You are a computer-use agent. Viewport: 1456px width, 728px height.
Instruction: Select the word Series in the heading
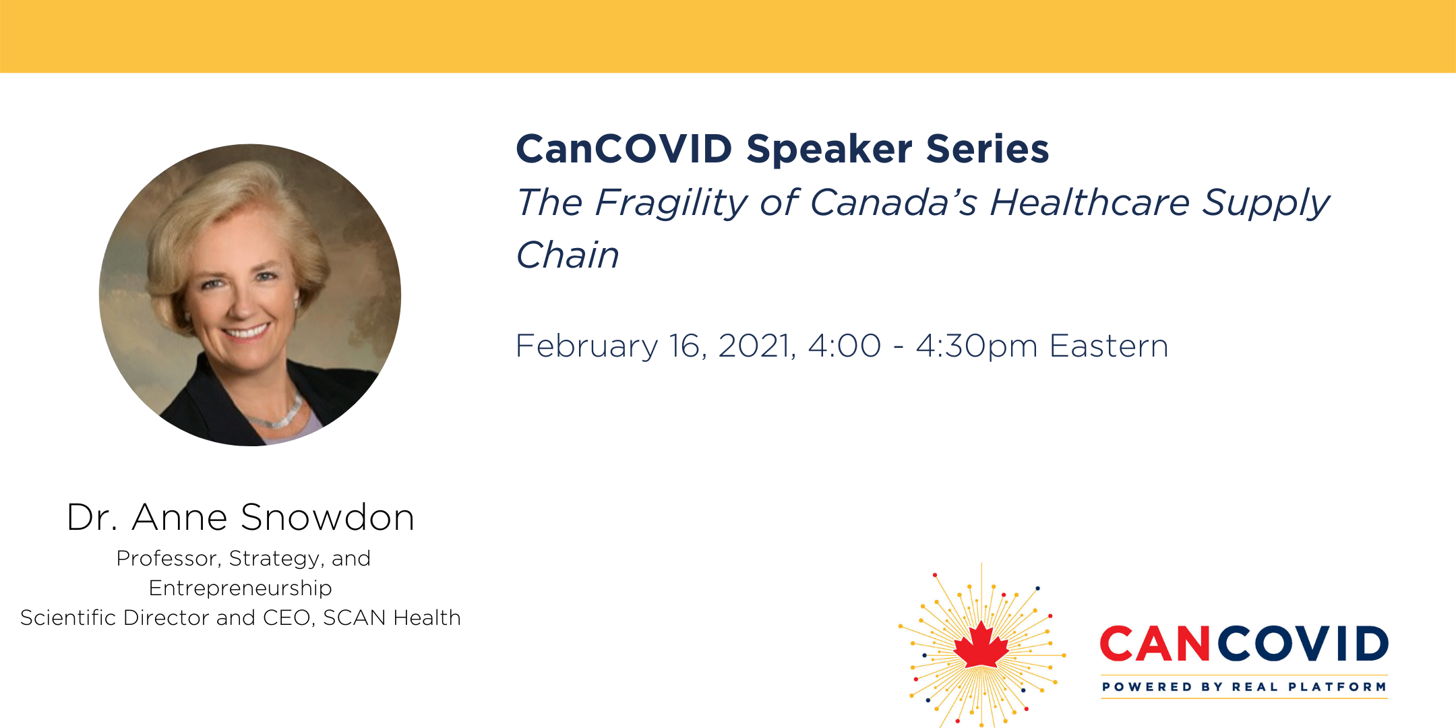pos(988,148)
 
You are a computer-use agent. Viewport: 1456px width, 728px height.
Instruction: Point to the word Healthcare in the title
pos(1089,202)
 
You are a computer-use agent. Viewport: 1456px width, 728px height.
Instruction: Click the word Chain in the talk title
pos(568,255)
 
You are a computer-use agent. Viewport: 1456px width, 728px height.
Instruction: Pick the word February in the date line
pos(586,347)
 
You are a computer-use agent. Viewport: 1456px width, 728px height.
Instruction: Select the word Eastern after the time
pos(1109,346)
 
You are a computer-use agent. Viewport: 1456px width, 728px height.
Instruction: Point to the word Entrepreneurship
pos(241,589)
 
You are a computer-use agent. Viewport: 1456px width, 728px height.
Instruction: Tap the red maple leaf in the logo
pos(981,645)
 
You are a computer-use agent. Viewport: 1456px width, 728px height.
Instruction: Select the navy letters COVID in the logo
pos(1302,644)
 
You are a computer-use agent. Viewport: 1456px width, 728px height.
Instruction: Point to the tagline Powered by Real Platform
pos(1244,687)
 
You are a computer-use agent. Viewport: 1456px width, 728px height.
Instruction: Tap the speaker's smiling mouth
pos(247,332)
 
